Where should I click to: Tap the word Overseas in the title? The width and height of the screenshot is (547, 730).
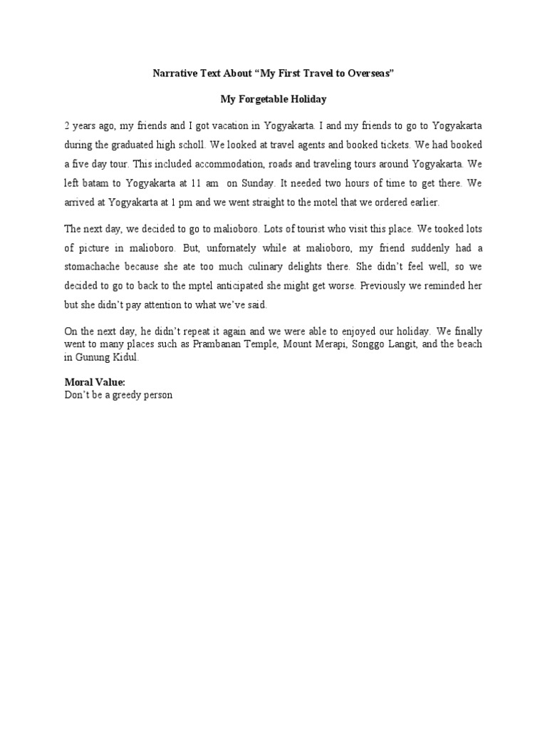coord(368,74)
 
